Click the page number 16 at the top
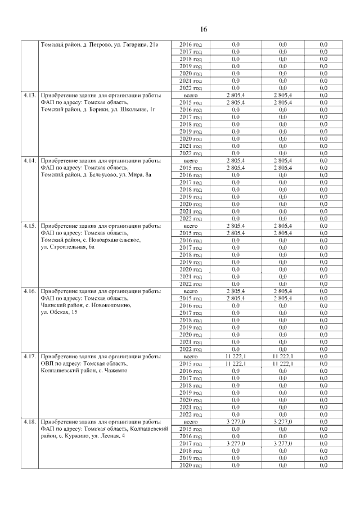pyautogui.click(x=204, y=29)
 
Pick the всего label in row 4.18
pyautogui.click(x=191, y=421)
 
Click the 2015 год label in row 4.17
pyautogui.click(x=191, y=363)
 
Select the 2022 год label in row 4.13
pyautogui.click(x=191, y=153)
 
